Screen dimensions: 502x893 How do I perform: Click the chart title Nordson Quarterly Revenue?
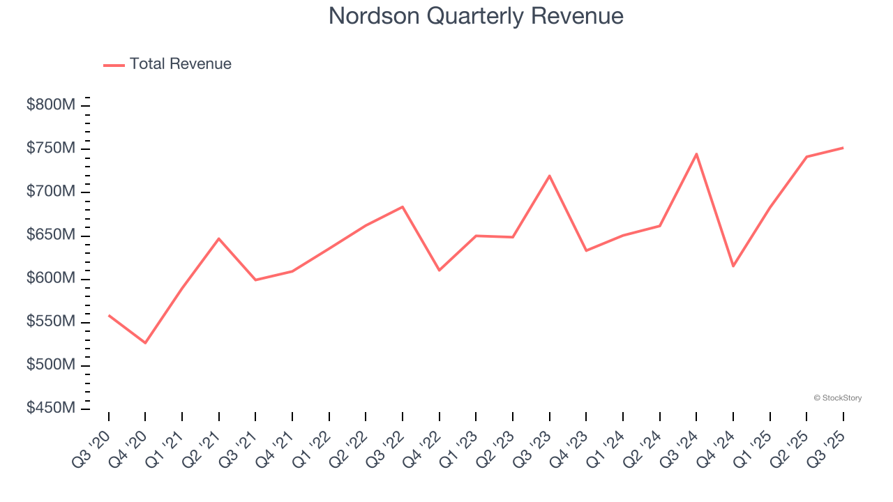click(476, 16)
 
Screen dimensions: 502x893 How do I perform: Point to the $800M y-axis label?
click(51, 105)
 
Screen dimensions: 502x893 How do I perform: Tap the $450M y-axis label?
click(51, 409)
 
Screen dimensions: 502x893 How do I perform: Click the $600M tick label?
click(51, 279)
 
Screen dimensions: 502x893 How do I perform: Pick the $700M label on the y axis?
click(51, 192)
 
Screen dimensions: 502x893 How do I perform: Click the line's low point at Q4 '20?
click(145, 343)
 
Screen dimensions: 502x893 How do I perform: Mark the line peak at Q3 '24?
click(696, 154)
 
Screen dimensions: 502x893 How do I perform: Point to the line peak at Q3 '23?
click(550, 176)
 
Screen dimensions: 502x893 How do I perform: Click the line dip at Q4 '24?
click(733, 266)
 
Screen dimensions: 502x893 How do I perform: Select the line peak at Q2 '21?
click(219, 238)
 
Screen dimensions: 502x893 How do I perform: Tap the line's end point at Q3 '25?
click(843, 148)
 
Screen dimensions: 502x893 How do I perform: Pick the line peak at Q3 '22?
click(403, 206)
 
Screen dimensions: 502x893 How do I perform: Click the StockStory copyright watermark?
click(837, 398)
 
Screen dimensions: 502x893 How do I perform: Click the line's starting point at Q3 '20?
click(109, 315)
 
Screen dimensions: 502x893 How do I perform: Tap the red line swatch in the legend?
click(114, 65)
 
